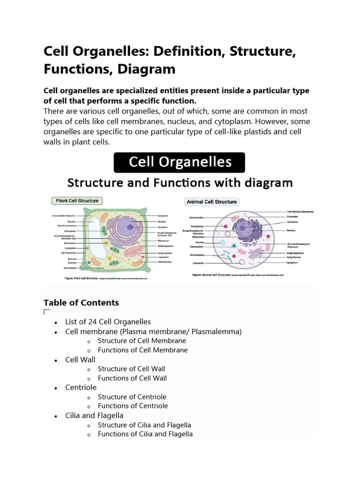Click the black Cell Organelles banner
(x=180, y=162)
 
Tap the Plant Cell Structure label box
(x=77, y=201)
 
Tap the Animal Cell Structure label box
(x=212, y=202)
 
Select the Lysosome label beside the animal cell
(x=198, y=263)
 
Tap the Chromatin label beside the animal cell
(x=292, y=217)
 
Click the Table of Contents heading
(x=81, y=303)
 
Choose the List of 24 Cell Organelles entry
(x=108, y=322)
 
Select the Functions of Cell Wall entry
(x=132, y=378)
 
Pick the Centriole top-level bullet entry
(x=81, y=387)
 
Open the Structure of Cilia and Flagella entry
(x=144, y=425)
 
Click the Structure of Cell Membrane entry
(x=142, y=341)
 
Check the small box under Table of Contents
(x=46, y=312)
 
